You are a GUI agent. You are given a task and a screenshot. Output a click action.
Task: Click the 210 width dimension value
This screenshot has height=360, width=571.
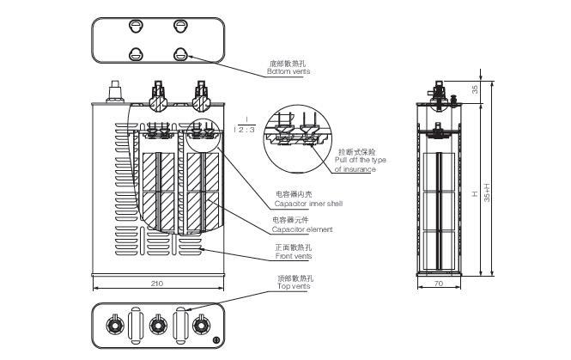156,283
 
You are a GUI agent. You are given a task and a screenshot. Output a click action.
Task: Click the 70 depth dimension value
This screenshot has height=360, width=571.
437,283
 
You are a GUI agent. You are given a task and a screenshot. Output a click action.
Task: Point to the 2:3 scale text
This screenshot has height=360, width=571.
246,129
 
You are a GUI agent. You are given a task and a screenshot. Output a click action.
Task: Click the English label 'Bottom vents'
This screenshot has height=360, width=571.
288,72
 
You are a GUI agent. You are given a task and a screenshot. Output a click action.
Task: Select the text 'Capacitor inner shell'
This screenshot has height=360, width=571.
308,204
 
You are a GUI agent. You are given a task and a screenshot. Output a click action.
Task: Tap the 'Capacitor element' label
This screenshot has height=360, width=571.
302,230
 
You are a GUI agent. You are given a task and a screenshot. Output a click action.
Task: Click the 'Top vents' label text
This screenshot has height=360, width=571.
295,285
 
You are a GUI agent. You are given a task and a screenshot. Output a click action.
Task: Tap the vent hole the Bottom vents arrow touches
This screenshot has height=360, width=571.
181,54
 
